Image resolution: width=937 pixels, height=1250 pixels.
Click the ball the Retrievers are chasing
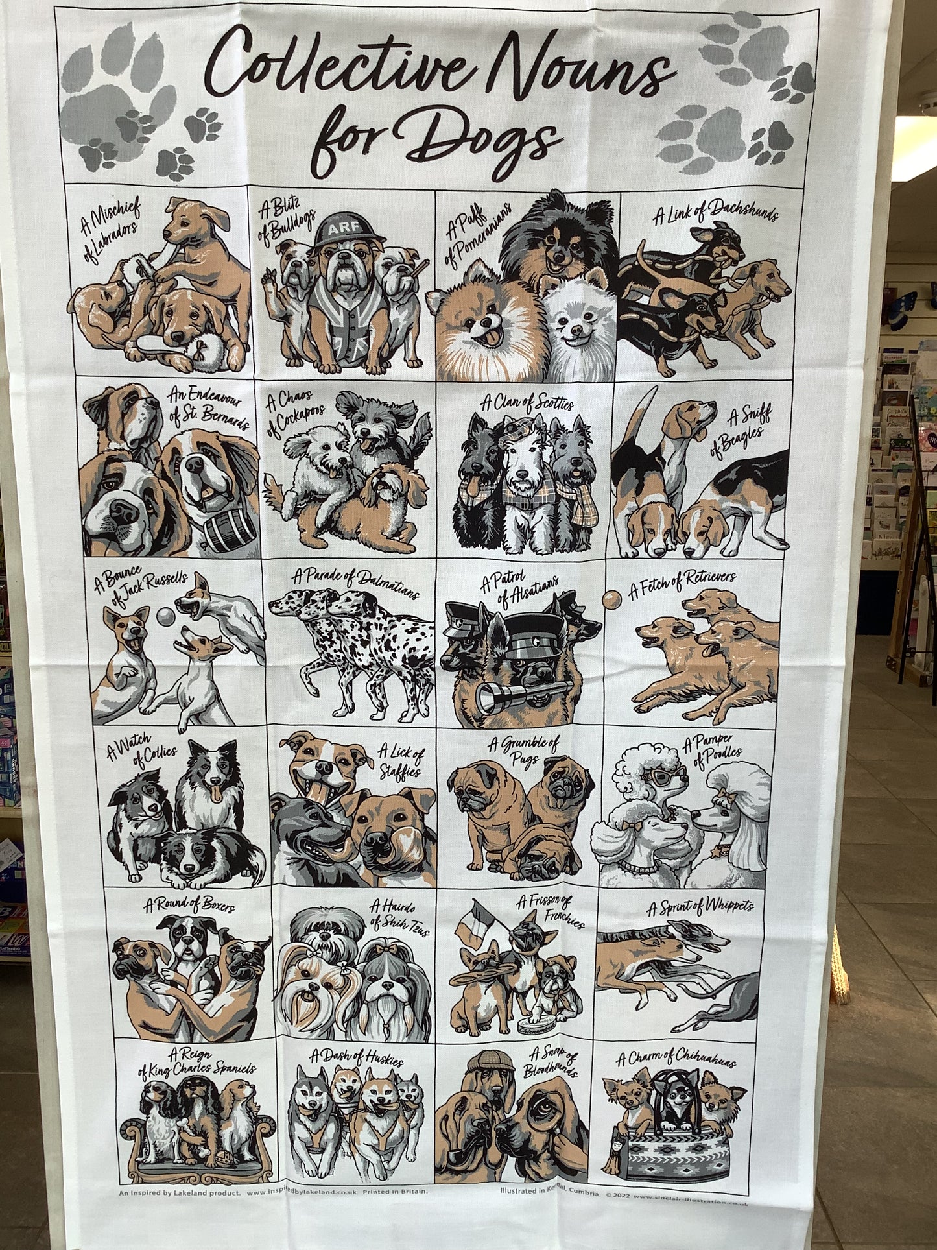610,599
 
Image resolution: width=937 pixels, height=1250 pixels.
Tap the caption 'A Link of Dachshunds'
715,211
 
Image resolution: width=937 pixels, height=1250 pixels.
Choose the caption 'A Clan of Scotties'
527,403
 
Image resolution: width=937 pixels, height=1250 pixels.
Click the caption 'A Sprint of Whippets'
700,906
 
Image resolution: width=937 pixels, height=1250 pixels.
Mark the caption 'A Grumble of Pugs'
524,751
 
